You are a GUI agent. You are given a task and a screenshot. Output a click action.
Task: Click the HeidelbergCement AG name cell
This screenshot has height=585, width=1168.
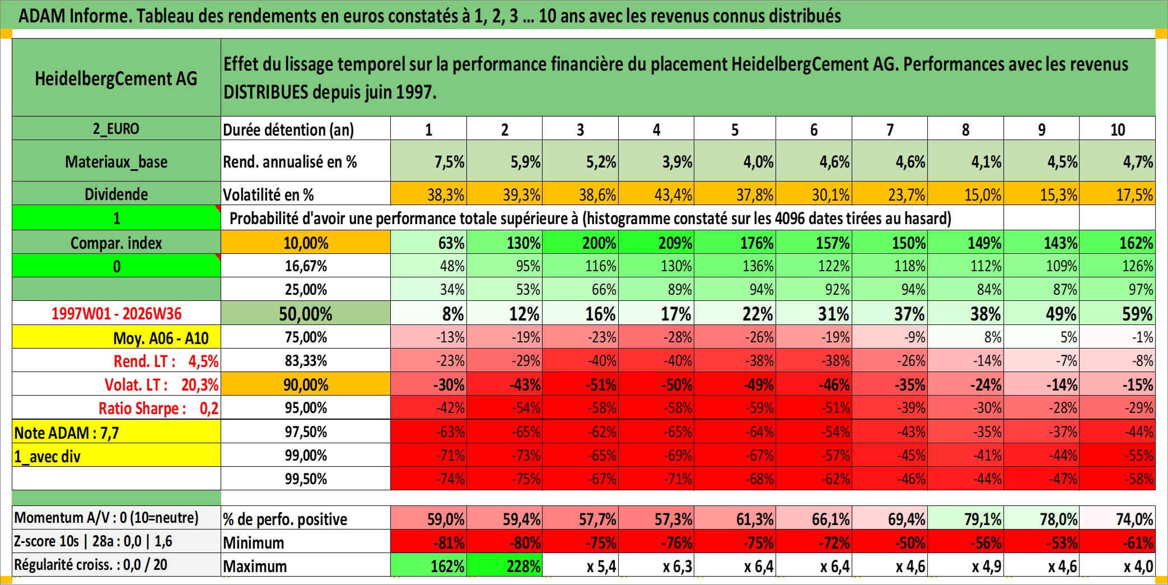click(x=116, y=77)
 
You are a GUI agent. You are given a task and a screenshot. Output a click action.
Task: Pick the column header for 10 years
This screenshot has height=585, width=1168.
click(x=1117, y=129)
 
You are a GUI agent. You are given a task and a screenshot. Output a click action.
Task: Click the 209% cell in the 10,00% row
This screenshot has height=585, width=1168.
click(x=656, y=242)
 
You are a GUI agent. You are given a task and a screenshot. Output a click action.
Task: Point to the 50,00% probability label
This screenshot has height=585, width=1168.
click(x=306, y=313)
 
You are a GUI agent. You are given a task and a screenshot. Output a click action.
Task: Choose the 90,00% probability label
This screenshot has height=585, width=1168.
click(x=306, y=384)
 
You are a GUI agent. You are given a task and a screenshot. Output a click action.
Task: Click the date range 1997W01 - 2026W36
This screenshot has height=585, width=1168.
click(x=116, y=313)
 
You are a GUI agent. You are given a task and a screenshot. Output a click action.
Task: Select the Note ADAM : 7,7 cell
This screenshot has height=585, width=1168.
click(x=116, y=432)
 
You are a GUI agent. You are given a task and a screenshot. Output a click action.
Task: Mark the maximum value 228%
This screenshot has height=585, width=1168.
click(x=504, y=565)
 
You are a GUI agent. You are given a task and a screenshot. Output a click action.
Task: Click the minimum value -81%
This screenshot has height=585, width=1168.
click(x=428, y=542)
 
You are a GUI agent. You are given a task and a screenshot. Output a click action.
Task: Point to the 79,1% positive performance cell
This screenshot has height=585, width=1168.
click(x=965, y=518)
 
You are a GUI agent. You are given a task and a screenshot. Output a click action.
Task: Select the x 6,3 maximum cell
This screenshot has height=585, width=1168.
click(x=656, y=565)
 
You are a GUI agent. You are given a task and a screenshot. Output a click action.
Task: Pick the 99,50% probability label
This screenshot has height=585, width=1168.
click(x=306, y=479)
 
